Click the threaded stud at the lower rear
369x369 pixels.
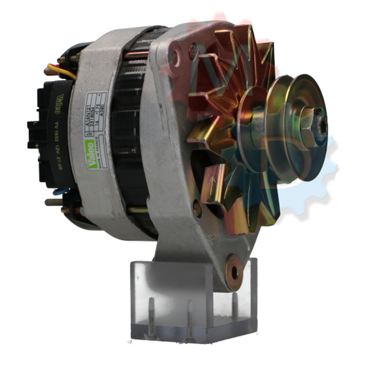coord(53,202)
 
